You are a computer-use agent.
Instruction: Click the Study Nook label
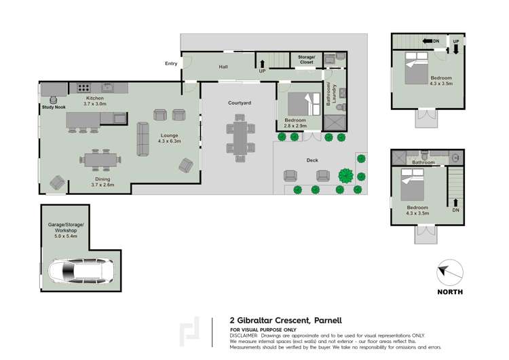tap(53, 107)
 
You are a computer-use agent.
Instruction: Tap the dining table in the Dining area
tap(101, 160)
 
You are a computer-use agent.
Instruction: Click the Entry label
tap(170, 64)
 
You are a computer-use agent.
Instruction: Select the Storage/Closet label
tap(307, 60)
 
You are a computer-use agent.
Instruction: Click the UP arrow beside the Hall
tap(262, 66)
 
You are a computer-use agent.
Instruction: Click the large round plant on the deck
tap(346, 175)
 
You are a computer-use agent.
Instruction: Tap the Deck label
tap(312, 160)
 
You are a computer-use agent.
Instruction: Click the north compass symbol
tap(449, 272)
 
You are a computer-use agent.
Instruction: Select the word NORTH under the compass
tap(450, 292)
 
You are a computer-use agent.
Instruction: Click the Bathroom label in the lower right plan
tap(425, 163)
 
